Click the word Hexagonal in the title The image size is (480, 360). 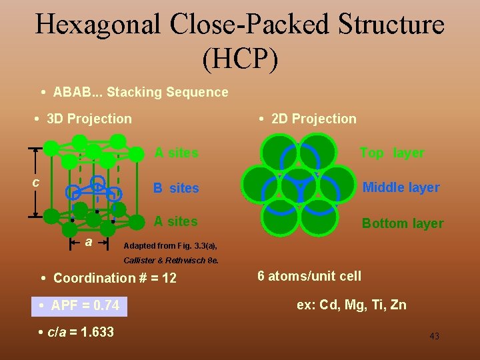coord(97,25)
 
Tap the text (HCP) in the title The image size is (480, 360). coord(239,59)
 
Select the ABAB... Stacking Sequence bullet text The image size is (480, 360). coord(140,92)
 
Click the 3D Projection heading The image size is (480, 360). coord(89,119)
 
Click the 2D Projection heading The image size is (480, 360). coord(313,119)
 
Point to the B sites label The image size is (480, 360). coord(176,188)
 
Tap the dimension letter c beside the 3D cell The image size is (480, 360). coord(37,183)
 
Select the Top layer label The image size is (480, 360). coord(392,153)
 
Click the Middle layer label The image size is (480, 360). coord(401,187)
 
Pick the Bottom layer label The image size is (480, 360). coord(402,223)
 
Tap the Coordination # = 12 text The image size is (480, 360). coord(115,278)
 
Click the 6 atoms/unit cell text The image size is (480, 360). coord(309,276)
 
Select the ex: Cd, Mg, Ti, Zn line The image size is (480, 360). coord(351,305)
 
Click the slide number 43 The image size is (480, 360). coord(434,336)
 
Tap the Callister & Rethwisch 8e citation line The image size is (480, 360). coord(171,260)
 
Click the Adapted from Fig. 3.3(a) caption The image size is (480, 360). coord(171,245)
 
